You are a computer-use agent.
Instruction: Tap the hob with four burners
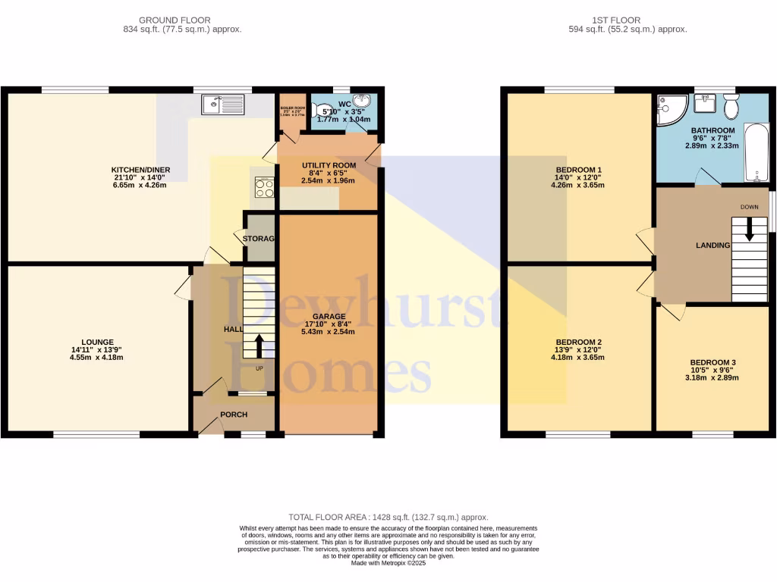[265, 188]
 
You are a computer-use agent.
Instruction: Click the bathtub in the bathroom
[756, 152]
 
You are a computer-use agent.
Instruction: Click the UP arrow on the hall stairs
[259, 346]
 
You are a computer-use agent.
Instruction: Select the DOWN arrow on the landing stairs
[750, 229]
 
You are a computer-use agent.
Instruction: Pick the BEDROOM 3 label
[712, 362]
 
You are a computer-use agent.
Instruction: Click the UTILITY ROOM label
[329, 165]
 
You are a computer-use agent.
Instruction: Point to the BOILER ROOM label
[292, 109]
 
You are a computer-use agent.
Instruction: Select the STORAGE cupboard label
[258, 239]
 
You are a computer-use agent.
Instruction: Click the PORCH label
[234, 415]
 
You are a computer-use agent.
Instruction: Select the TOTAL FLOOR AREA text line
[388, 517]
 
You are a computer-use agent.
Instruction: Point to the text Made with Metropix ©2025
[388, 562]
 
